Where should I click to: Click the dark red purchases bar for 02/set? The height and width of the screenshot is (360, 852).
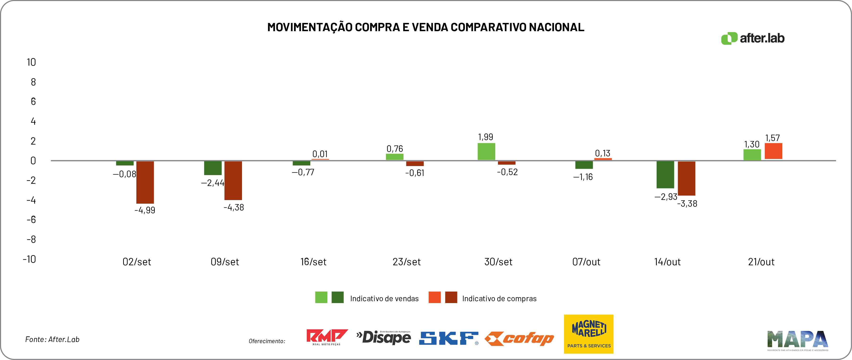coord(145,182)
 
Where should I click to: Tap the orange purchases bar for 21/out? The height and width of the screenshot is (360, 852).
coord(773,151)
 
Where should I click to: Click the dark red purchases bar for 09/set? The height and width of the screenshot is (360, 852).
coord(233,180)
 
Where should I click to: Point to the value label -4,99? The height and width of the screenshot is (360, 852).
coord(145,210)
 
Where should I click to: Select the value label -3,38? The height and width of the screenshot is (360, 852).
coord(687,204)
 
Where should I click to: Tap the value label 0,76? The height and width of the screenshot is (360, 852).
coord(395,149)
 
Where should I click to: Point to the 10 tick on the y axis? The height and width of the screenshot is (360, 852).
coord(31,62)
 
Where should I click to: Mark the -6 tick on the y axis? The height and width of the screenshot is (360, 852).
coord(31,219)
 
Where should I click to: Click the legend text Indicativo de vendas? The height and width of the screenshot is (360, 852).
coord(384,299)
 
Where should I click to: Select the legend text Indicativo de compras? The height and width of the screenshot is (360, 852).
coord(499,299)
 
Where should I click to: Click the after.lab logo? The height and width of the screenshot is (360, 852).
coord(753,38)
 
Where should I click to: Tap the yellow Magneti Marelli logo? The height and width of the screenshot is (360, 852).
coord(588,334)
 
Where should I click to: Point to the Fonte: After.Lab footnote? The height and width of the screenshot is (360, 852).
coord(52,339)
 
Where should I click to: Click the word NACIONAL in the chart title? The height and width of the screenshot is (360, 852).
coord(556,27)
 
